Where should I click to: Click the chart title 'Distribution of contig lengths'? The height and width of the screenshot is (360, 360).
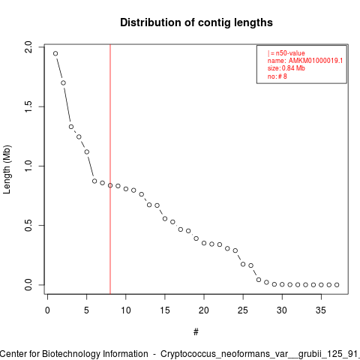(x=196, y=22)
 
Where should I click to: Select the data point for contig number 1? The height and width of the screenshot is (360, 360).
(x=55, y=53)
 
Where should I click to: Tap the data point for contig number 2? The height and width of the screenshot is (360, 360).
(x=63, y=82)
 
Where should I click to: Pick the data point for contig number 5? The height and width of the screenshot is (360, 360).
(x=87, y=152)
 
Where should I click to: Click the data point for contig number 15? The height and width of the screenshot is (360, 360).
(x=165, y=219)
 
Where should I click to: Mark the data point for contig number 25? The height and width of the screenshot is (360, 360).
(x=243, y=264)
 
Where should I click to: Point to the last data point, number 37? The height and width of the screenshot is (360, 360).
(x=337, y=285)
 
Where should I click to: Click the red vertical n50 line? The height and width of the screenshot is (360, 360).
(x=110, y=169)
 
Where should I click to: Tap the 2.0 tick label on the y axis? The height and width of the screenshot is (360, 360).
(x=28, y=47)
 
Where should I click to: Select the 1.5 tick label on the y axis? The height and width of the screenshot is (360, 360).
(x=28, y=106)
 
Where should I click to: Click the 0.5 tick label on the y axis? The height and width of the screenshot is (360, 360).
(x=28, y=225)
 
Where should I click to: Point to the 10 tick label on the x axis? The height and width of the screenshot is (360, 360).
(x=126, y=310)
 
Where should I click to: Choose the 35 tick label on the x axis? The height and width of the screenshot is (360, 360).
(x=321, y=310)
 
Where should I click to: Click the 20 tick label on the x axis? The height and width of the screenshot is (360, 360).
(x=204, y=310)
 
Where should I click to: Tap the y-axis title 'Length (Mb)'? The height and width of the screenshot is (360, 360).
(x=7, y=169)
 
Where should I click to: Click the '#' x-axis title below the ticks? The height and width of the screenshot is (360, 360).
(x=196, y=332)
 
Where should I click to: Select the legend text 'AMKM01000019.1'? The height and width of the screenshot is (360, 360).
(x=316, y=61)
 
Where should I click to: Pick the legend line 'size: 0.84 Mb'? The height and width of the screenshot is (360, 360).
(x=286, y=68)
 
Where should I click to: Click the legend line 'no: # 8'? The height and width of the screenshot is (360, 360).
(x=277, y=76)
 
